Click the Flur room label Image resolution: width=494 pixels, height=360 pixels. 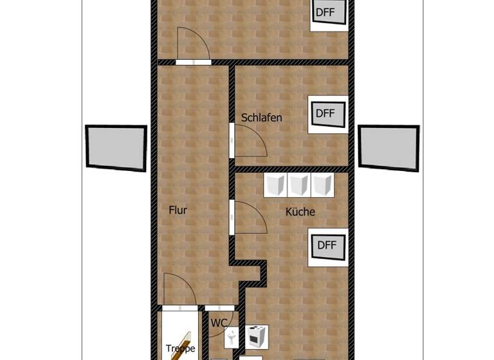click(x=178, y=210)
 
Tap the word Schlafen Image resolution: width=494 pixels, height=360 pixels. click(x=262, y=118)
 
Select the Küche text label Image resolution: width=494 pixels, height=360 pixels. click(x=300, y=211)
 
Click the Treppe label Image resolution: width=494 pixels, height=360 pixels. click(x=180, y=349)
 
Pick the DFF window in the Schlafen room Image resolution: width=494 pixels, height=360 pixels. click(x=326, y=114)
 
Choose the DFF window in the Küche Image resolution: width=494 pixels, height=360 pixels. click(x=327, y=246)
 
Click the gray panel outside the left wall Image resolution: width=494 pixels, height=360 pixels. click(x=116, y=147)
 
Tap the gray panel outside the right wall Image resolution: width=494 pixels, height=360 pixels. click(x=389, y=147)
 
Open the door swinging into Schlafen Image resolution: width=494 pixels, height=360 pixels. click(x=250, y=141)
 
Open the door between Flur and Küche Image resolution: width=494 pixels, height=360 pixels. click(x=250, y=218)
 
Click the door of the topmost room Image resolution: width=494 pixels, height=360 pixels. click(x=192, y=44)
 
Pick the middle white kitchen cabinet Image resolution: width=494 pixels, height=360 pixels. click(x=298, y=185)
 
